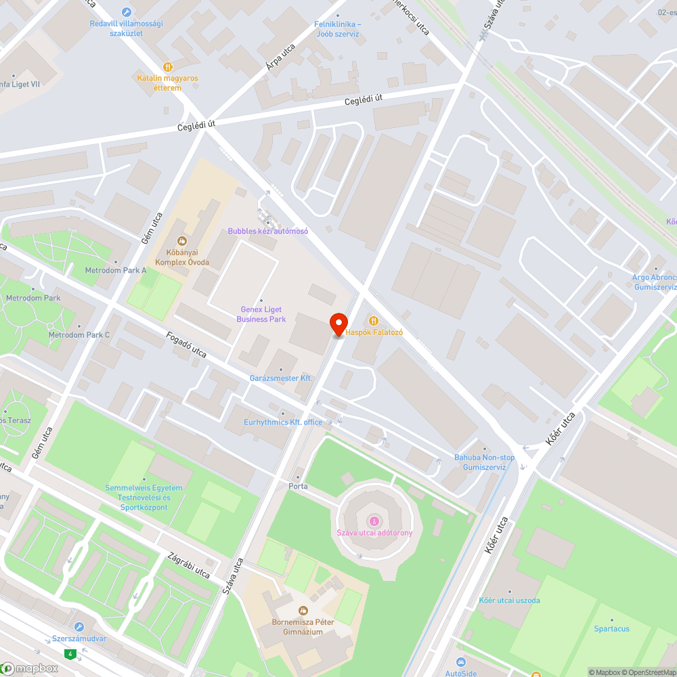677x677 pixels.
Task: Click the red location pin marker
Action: [338, 324]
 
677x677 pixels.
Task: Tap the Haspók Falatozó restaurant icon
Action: [373, 320]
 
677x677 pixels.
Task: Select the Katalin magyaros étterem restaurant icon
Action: [168, 66]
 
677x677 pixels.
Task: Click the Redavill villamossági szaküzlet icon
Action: [126, 12]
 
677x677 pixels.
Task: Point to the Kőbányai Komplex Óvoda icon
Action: [181, 240]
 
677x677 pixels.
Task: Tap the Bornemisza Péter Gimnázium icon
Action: [303, 611]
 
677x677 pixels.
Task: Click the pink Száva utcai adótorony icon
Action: [374, 521]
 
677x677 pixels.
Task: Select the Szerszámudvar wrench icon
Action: [79, 627]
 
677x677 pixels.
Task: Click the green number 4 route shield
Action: [69, 654]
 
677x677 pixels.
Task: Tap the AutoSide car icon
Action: [461, 661]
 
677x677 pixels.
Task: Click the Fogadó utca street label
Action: [186, 343]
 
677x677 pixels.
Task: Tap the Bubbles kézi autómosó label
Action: [267, 231]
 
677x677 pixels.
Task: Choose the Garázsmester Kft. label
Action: [281, 378]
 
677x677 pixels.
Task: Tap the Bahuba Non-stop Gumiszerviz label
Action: [484, 462]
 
